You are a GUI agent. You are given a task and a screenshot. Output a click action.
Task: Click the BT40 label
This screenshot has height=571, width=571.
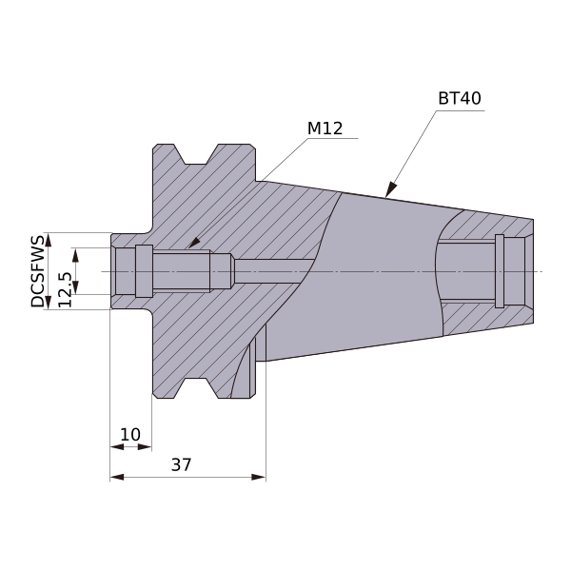460,98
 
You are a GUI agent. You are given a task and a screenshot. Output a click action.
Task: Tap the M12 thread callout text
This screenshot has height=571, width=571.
325,128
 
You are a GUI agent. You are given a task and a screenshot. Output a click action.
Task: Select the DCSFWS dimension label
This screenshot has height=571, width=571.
37,271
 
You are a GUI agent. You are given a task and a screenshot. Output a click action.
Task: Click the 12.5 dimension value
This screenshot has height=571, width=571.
65,289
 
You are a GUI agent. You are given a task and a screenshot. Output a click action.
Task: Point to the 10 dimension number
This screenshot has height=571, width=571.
130,435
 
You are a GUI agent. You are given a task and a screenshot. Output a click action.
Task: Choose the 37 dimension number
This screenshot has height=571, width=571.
181,464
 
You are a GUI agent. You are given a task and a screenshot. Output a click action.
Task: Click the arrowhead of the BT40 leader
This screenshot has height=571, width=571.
391,189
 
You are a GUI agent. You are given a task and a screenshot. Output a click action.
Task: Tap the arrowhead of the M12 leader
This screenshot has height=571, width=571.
194,243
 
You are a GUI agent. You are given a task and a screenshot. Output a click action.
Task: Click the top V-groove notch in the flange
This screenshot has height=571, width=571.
196,154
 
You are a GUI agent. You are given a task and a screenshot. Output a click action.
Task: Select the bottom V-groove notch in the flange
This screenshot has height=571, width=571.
196,388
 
